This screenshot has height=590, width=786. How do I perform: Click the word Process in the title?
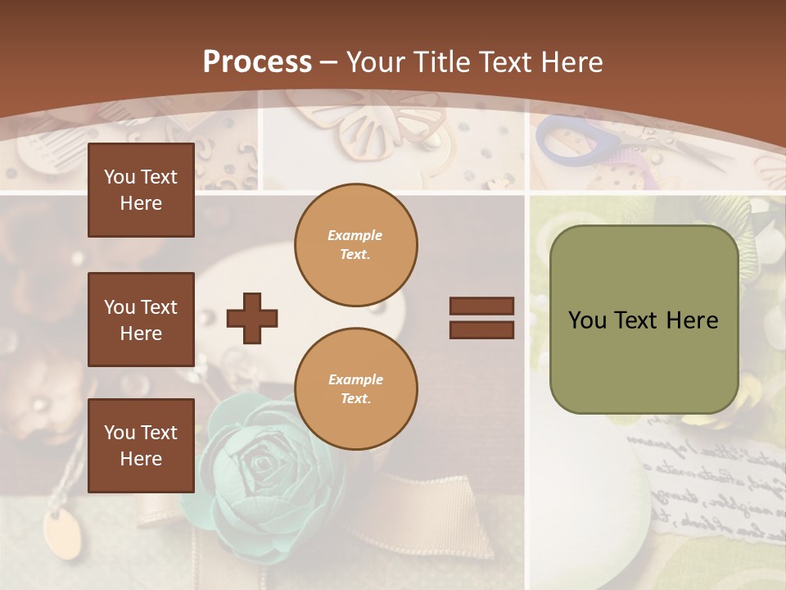[x=257, y=62]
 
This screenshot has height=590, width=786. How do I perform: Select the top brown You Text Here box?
[x=141, y=190]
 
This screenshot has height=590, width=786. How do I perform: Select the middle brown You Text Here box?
[x=141, y=320]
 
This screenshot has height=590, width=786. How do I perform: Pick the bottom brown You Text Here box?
[x=141, y=446]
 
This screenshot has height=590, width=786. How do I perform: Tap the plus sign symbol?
[x=251, y=318]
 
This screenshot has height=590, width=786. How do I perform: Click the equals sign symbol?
[x=481, y=318]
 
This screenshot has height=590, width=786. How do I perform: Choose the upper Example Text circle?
[x=355, y=245]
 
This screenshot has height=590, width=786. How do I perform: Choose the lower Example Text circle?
[x=355, y=389]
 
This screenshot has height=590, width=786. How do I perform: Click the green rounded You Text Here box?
[x=644, y=320]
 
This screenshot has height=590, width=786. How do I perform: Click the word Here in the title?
[x=571, y=62]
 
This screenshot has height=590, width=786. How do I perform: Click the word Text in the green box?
[x=643, y=320]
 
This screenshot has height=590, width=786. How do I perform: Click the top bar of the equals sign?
[x=481, y=306]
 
